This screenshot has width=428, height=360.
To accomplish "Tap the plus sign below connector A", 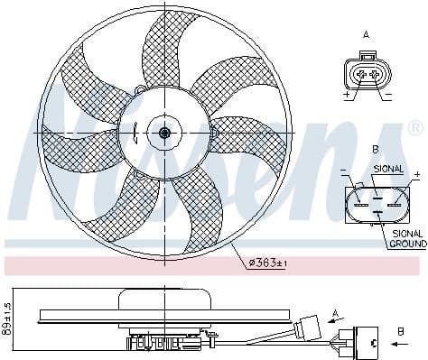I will [346, 94].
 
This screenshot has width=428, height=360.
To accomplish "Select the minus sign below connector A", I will [387, 94].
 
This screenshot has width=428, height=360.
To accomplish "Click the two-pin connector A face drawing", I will [366, 73].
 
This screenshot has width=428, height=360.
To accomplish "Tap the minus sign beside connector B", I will [344, 171].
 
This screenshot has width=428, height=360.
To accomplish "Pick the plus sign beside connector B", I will [417, 172].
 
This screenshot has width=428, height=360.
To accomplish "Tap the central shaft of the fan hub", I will [163, 133].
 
